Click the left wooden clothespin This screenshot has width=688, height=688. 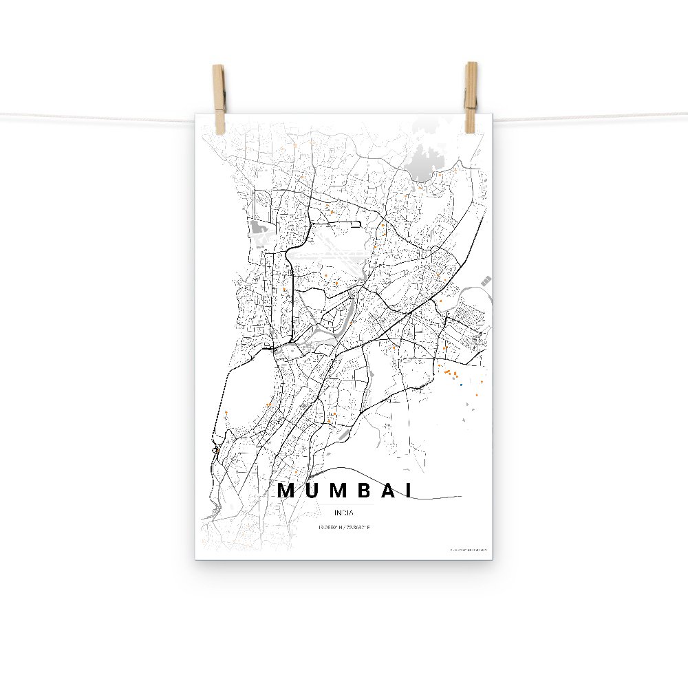click(219, 98)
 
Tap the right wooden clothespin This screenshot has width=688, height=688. click(471, 96)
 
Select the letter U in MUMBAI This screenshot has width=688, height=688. click(313, 491)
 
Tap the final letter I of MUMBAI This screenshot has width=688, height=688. click(410, 491)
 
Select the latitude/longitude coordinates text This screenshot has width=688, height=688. click(344, 528)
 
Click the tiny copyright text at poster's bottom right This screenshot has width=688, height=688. click(468, 550)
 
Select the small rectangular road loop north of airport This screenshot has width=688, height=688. click(355, 224)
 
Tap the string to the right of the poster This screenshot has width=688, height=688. click(592, 117)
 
